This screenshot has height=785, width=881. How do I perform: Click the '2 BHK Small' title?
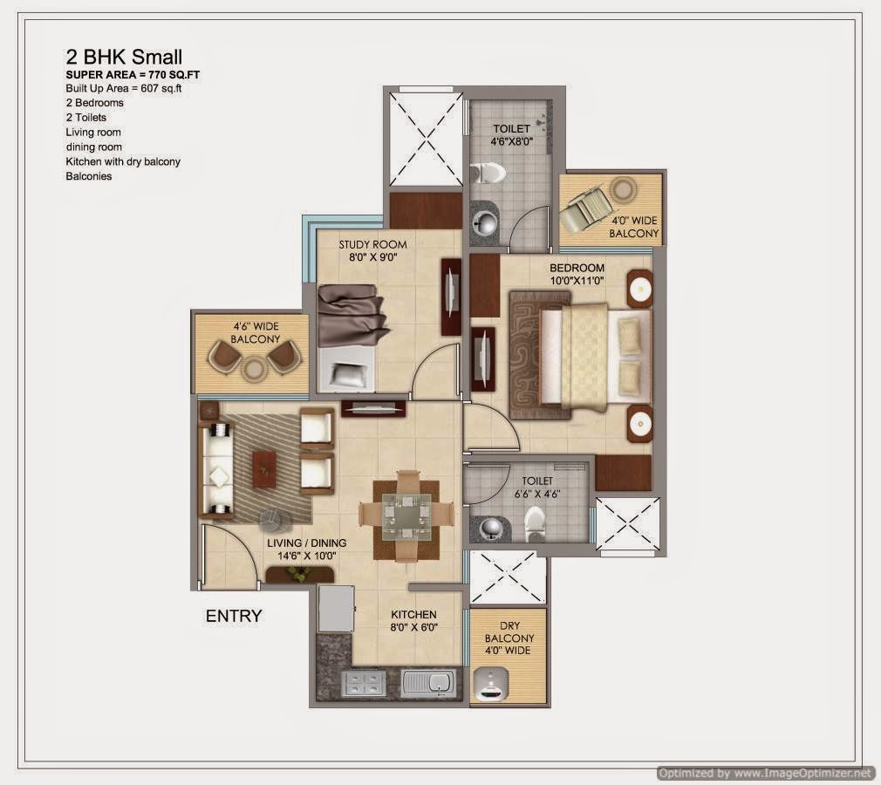coord(124,57)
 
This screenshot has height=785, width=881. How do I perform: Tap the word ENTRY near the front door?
coord(233,616)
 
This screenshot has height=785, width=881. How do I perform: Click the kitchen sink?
coord(429,682)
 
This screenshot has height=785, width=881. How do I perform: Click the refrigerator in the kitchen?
coord(336,608)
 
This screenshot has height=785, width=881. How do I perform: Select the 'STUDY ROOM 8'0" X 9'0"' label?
coord(372,250)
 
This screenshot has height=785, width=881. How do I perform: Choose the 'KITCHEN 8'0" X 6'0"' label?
coord(413,620)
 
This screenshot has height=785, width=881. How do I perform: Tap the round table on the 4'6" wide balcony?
coord(254,368)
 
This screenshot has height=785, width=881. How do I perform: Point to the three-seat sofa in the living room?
coord(215,469)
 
